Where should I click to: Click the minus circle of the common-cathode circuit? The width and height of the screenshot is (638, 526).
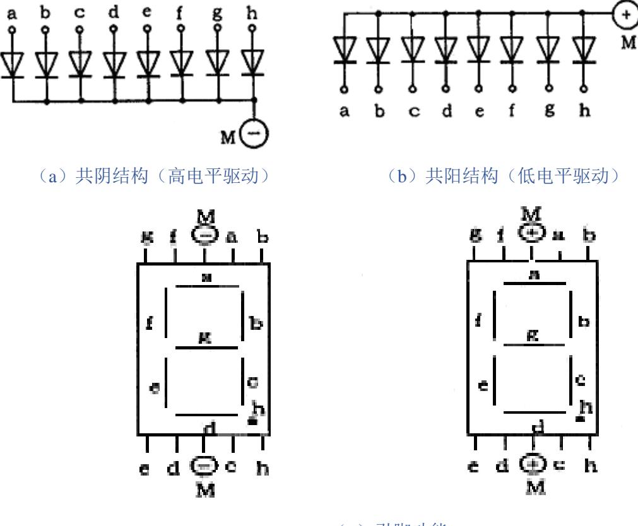pyautogui.click(x=256, y=133)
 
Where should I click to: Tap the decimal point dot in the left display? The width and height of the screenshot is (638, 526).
pyautogui.click(x=252, y=421)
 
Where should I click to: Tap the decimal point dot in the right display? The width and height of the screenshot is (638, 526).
pyautogui.click(x=581, y=418)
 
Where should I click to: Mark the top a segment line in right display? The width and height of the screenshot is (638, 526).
pyautogui.click(x=533, y=284)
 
